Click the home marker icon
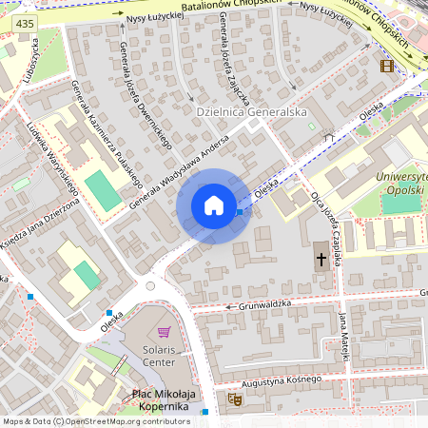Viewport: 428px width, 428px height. click(214, 205)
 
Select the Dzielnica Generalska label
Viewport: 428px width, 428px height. click(251, 112)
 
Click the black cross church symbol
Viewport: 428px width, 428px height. click(321, 260)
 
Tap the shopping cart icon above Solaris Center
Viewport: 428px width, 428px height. click(164, 332)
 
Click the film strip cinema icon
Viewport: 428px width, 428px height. click(385, 66)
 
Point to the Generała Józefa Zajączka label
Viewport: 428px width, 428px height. click(234, 57)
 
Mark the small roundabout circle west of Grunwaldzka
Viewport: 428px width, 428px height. click(149, 285)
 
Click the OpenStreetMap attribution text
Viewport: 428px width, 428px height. click(96, 420)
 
